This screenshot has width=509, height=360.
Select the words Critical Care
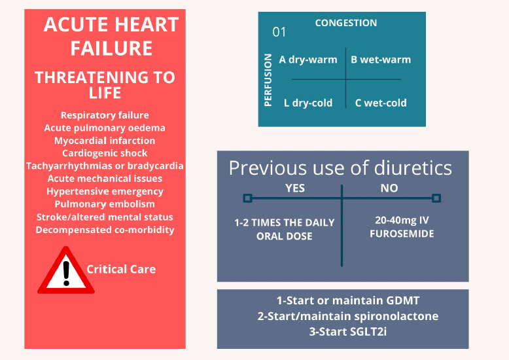point(121,269)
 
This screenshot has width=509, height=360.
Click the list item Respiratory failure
point(105,115)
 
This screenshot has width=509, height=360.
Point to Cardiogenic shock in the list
point(105,153)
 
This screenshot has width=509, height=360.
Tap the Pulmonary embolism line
point(105,204)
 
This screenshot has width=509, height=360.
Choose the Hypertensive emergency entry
point(105,191)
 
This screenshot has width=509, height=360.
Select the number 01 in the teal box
point(279,32)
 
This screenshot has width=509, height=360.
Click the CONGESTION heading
point(346,23)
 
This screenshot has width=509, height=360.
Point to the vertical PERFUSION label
point(268,79)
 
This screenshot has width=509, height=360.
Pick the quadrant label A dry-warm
point(308,60)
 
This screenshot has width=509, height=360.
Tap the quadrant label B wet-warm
point(381,60)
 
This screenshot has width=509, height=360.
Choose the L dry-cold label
point(308,103)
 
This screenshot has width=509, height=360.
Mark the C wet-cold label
point(381,103)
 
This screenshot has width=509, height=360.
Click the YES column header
point(295,188)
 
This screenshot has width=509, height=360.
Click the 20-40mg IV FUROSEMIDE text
point(400,227)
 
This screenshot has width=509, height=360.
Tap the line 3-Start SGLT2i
point(343,331)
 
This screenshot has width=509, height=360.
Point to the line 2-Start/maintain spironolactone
point(343,316)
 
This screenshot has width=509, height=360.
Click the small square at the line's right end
point(436,198)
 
